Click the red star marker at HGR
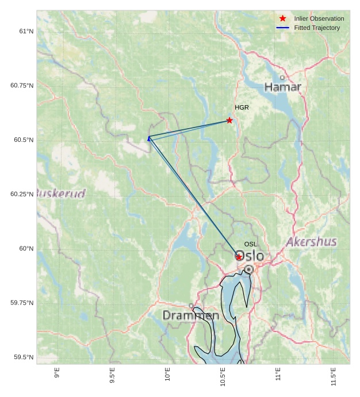tap(229, 120)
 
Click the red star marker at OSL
tap(239, 257)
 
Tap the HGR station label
tap(242, 107)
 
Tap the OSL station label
tap(251, 244)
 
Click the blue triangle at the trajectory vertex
tap(149, 138)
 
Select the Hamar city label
tap(282, 87)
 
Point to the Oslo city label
tap(251, 256)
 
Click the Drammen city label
tap(190, 315)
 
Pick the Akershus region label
tap(311, 241)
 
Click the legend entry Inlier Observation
tap(319, 18)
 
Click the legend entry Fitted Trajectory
tap(317, 28)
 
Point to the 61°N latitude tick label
tap(26, 31)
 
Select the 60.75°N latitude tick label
tap(22, 86)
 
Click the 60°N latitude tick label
tap(26, 249)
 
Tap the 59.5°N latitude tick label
tap(24, 357)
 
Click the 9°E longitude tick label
tap(57, 373)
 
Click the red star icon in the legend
tap(282, 18)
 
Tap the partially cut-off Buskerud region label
tap(61, 193)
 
